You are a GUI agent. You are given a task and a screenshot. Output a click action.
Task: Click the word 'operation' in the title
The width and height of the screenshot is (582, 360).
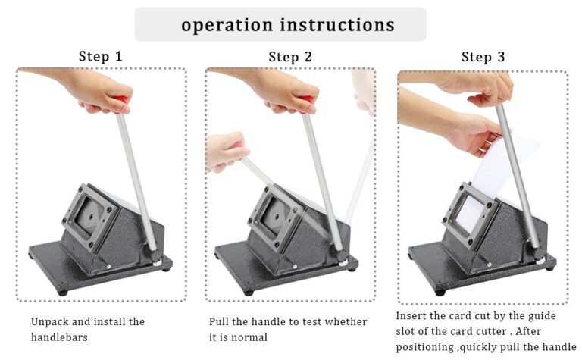coord(227,26)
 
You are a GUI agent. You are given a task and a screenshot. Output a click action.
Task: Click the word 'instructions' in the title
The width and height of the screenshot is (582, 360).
coord(337,24)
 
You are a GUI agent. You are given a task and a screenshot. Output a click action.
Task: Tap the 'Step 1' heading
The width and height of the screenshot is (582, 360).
coord(100,56)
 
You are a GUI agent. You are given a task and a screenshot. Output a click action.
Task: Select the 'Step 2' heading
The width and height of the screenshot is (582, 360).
coord(290,57)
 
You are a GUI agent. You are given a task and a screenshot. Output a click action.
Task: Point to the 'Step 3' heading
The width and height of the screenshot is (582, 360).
coord(483,57)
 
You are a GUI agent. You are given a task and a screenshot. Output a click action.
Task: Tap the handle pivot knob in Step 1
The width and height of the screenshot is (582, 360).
coord(155,255)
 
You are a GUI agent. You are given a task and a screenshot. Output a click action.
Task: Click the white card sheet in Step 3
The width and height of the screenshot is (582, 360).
coord(497,174)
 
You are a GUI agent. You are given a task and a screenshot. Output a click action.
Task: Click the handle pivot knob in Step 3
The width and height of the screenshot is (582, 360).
coord(538,255)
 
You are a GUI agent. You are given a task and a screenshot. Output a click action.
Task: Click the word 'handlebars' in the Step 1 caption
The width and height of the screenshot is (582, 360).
coord(59,337)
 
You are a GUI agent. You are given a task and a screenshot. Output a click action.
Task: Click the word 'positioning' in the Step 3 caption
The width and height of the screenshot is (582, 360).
coord(424,347)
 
